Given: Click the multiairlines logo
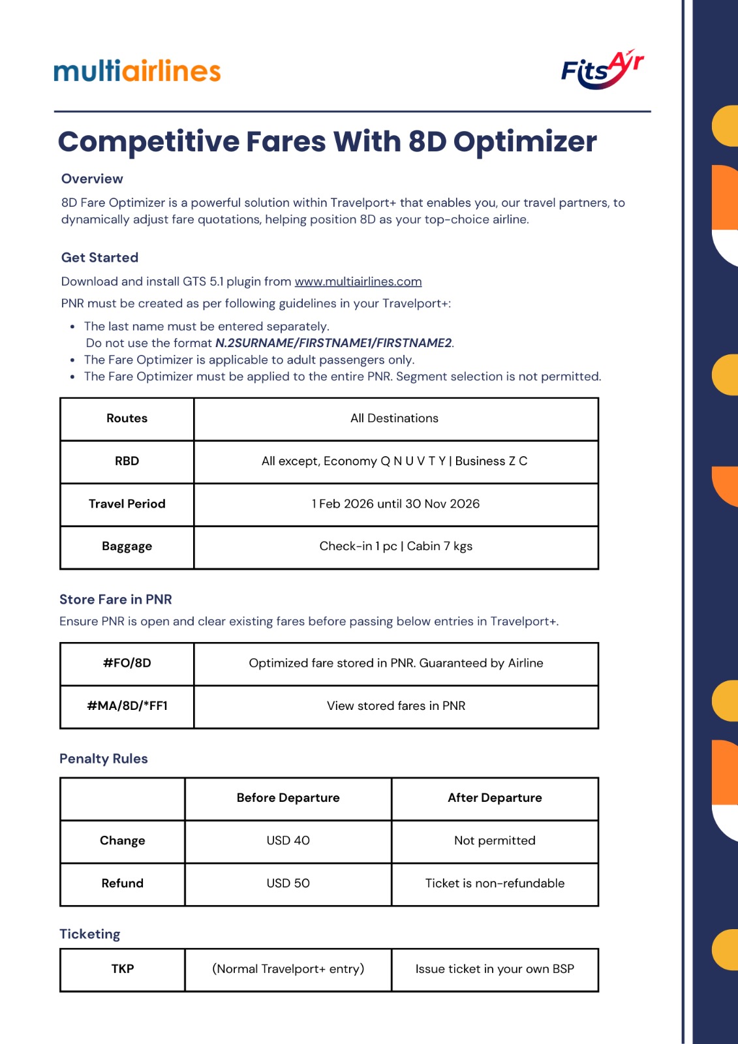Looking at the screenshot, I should tap(137, 70).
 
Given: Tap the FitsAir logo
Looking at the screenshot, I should tap(602, 69).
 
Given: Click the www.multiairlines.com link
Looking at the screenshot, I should tap(358, 281).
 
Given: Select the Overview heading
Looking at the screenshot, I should tap(92, 179).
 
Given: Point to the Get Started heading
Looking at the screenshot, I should tap(100, 257).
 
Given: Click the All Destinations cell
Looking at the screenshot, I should tap(395, 418).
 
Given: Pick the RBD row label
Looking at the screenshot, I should tap(127, 461).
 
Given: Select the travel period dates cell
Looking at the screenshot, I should tap(395, 504).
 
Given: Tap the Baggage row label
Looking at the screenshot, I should tap(127, 546).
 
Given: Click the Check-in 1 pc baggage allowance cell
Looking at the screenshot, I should tap(395, 546).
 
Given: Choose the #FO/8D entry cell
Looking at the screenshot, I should tap(127, 663).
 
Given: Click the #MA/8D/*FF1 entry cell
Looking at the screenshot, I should tap(127, 705).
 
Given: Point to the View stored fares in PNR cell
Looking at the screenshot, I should tap(395, 705).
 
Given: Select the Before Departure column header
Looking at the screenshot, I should tap(288, 797).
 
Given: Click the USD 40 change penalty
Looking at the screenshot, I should tap(288, 840).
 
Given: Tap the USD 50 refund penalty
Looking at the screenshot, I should tap(288, 883).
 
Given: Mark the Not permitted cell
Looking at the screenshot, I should tap(495, 840).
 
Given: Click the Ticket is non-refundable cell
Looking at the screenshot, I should tap(495, 883).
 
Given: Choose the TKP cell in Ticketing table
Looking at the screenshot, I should tap(123, 969).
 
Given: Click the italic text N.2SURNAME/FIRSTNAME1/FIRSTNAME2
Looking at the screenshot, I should tap(333, 343).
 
